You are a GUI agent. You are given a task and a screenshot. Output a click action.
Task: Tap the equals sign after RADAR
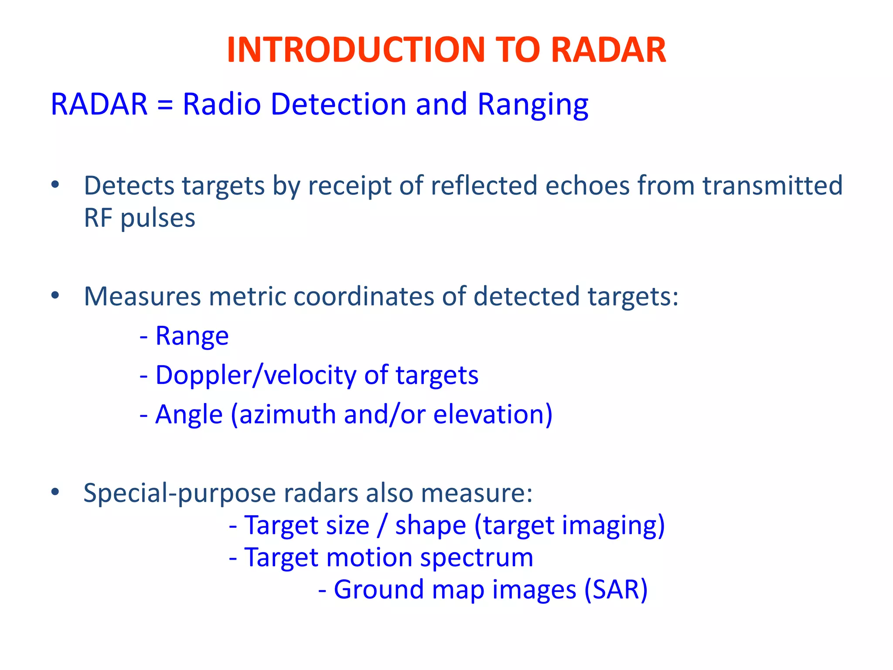pos(165,105)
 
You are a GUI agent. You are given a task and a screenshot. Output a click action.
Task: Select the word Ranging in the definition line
pos(532,105)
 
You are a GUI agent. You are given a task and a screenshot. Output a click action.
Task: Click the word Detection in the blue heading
pos(338,104)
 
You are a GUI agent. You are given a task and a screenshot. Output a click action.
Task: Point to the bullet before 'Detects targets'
pos(55,185)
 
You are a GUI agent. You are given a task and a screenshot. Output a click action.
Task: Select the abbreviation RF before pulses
pos(98,218)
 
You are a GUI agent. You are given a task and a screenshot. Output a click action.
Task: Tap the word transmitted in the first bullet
pos(772,185)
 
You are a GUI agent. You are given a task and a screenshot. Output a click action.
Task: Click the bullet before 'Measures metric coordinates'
pos(55,296)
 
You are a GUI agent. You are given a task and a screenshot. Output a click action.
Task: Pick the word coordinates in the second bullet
pos(364,296)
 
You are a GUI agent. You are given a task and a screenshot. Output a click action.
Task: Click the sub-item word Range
pos(192,336)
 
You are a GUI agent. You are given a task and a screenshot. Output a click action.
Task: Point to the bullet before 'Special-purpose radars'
pos(55,492)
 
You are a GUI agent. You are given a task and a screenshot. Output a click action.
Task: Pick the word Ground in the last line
pos(378,590)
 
